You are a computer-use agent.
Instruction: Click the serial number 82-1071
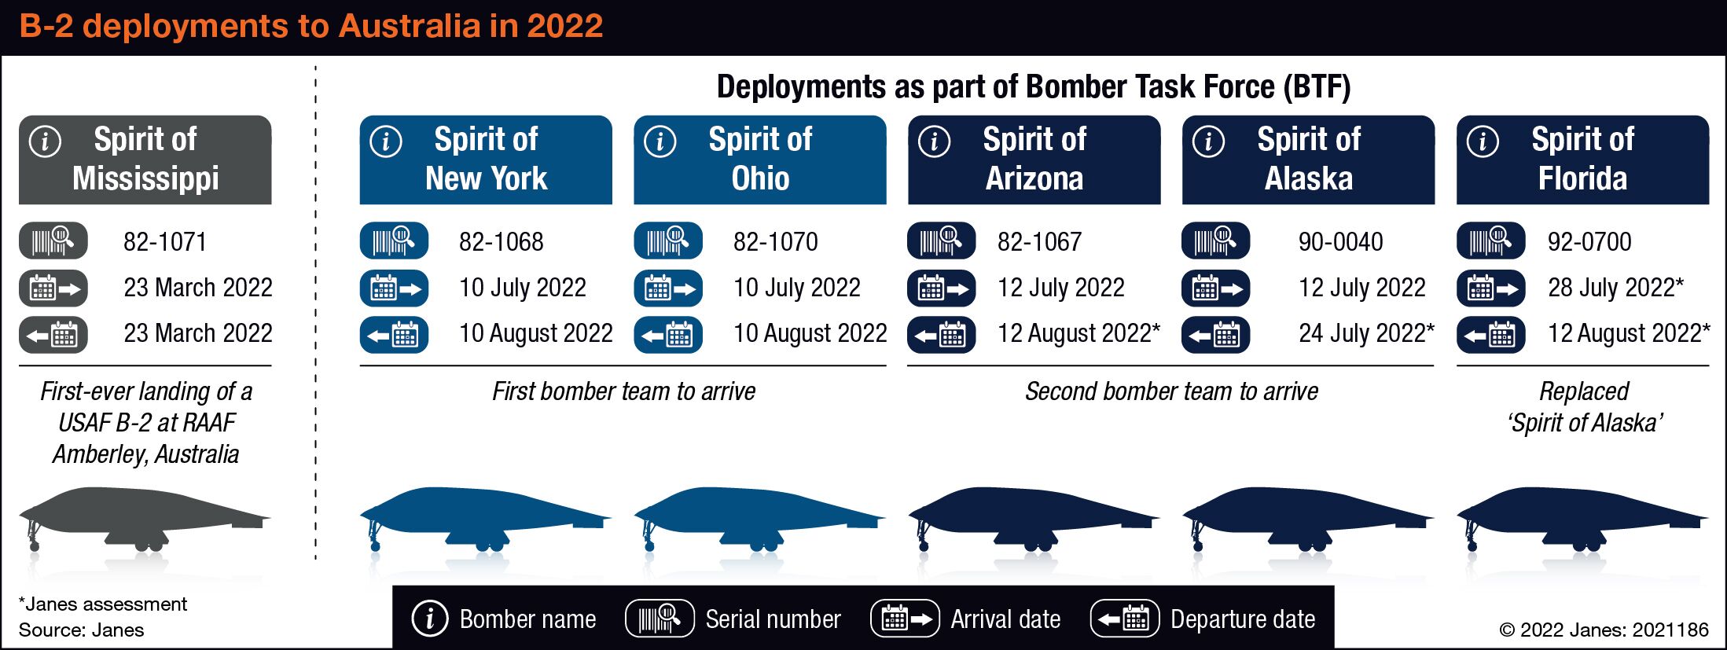(x=165, y=242)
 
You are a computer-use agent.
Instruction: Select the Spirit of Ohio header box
(x=760, y=160)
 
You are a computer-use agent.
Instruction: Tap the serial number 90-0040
(x=1341, y=242)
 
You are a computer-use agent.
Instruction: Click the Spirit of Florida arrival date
(x=1615, y=288)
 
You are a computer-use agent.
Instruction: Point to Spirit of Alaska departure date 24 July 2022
(x=1366, y=333)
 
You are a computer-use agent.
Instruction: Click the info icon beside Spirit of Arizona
(x=934, y=142)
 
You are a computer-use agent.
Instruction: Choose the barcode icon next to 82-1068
(x=394, y=241)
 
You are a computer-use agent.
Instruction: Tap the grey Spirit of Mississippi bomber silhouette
(x=145, y=518)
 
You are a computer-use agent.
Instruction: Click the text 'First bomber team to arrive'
(x=623, y=391)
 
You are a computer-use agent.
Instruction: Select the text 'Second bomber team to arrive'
(x=1171, y=391)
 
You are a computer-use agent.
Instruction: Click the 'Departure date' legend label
(x=1243, y=619)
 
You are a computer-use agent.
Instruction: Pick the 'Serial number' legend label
(x=773, y=619)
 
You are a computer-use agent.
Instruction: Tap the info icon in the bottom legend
(x=430, y=619)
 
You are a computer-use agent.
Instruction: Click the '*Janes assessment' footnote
(x=103, y=604)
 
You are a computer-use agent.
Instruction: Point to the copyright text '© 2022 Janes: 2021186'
(x=1604, y=630)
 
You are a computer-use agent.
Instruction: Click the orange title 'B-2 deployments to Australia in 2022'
(x=311, y=26)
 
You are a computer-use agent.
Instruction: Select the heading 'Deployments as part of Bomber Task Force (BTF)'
(x=1034, y=86)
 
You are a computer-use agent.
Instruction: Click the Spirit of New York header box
(x=486, y=160)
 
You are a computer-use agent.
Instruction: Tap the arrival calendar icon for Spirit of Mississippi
(x=53, y=288)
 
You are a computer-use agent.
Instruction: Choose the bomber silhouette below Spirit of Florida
(x=1582, y=518)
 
